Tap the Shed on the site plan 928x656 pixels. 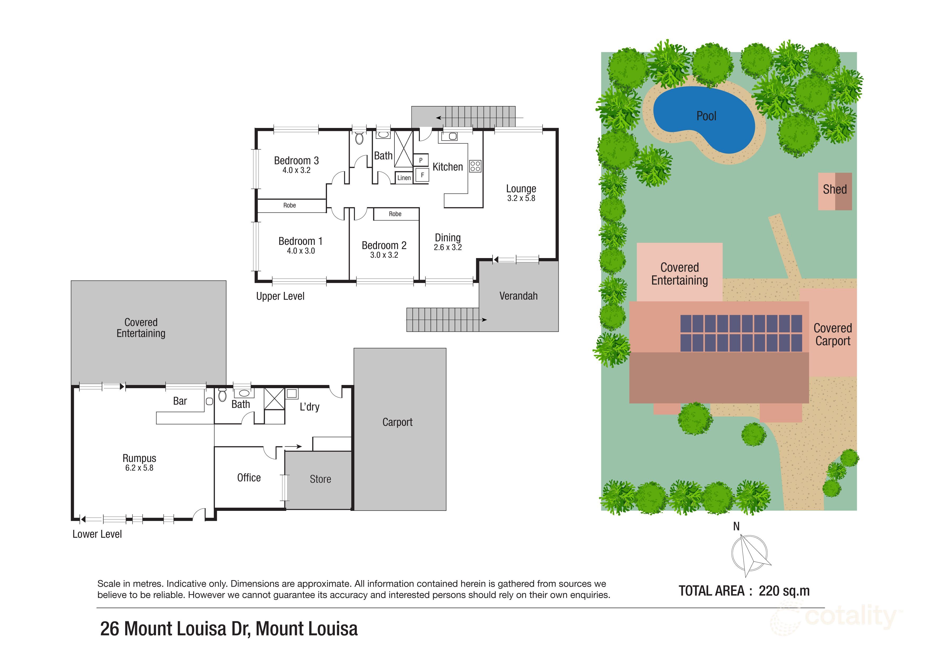[x=835, y=191]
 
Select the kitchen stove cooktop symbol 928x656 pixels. [x=475, y=166]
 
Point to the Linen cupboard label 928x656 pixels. [x=404, y=178]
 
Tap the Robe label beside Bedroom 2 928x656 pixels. [x=395, y=214]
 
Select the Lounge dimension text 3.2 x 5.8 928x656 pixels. [x=521, y=198]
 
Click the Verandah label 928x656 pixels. [x=518, y=296]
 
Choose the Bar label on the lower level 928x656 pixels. [x=180, y=401]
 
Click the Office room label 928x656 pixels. [x=249, y=478]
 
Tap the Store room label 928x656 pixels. [x=321, y=479]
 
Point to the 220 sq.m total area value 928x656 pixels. [x=784, y=591]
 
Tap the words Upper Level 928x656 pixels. [x=280, y=296]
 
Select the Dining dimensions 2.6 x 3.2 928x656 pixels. [x=448, y=247]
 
